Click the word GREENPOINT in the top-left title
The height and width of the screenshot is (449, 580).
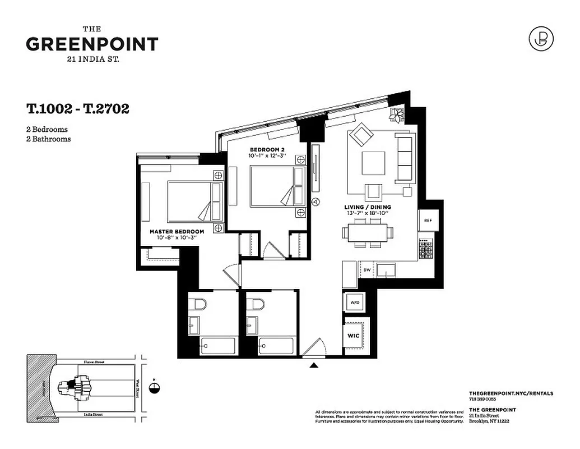(x=92, y=44)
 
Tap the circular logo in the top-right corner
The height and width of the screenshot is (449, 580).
(x=541, y=38)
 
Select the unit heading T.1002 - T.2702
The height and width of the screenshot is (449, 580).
(x=77, y=109)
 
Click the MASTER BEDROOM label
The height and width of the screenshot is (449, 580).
(x=177, y=231)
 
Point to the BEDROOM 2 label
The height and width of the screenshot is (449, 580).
(x=267, y=149)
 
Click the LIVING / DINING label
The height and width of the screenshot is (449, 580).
(x=368, y=207)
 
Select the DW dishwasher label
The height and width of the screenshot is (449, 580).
(x=367, y=270)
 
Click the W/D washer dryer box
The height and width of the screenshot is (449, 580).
(x=355, y=303)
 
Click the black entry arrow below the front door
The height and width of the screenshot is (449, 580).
(x=314, y=366)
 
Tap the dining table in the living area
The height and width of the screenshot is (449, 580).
(x=368, y=232)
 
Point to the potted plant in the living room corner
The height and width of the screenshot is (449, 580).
(x=397, y=115)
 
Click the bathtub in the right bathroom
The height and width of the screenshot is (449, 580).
(x=276, y=345)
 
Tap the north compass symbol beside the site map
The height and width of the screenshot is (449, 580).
(x=155, y=387)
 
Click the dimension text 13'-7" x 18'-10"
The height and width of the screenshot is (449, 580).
(x=368, y=214)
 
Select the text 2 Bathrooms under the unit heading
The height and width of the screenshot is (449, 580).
(x=48, y=139)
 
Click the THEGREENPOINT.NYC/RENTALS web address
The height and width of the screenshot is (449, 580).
(x=511, y=393)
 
